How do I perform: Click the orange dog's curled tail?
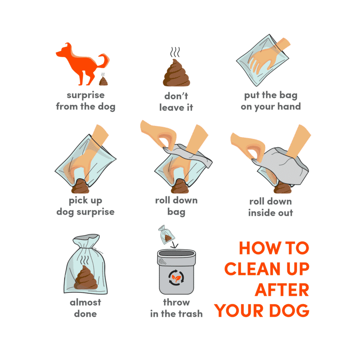click(x=104, y=60)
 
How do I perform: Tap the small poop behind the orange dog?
click(x=103, y=81)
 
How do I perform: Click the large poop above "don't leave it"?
click(x=176, y=73)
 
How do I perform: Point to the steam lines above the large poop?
click(x=175, y=52)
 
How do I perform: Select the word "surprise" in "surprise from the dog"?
click(x=85, y=95)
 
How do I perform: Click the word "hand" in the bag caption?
click(x=289, y=106)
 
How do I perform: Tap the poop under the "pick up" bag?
click(x=80, y=186)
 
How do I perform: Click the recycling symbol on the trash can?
click(x=176, y=278)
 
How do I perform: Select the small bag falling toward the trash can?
click(x=166, y=234)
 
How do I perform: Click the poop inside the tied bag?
click(x=86, y=277)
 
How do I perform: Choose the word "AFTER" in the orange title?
click(x=282, y=290)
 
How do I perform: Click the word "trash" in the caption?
click(x=190, y=314)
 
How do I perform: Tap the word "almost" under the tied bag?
click(x=85, y=302)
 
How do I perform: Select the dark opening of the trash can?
click(x=176, y=253)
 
